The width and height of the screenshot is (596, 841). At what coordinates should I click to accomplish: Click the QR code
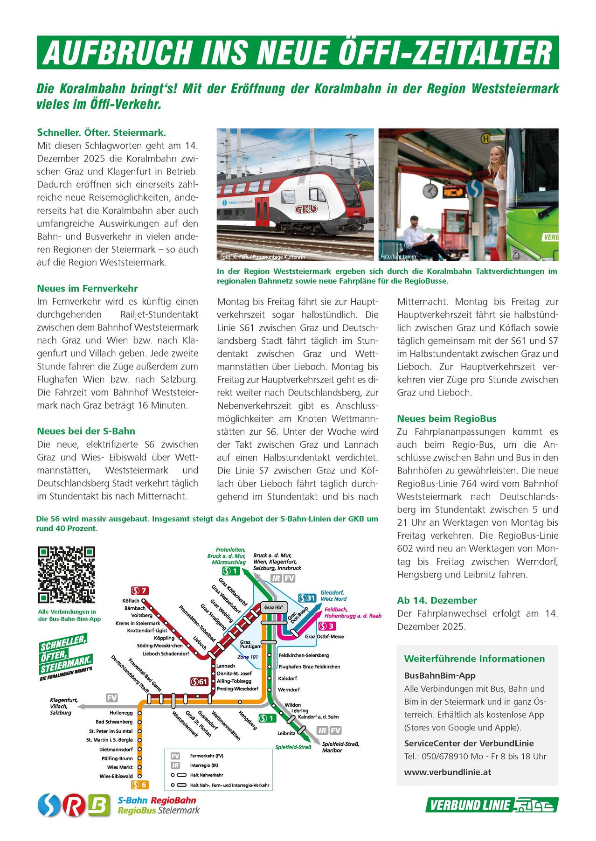pos(66,575)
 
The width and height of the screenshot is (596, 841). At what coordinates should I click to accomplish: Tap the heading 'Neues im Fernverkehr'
pos(87,288)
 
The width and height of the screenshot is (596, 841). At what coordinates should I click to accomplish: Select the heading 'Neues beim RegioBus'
pos(446,418)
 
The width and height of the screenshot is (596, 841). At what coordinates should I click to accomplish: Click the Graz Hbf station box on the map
pos(273,607)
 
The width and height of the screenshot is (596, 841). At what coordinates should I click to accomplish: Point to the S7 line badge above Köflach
pos(139,591)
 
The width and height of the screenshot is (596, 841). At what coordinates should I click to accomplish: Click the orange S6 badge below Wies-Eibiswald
pos(140,785)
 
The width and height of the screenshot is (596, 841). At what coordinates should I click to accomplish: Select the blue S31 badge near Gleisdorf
pos(307,598)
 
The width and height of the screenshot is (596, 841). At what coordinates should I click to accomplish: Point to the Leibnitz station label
pos(286,733)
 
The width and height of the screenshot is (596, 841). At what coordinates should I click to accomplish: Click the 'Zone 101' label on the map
pos(248,657)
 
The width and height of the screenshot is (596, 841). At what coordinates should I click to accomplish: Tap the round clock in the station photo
pos(430,190)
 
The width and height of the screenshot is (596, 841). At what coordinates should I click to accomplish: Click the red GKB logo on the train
pos(305,209)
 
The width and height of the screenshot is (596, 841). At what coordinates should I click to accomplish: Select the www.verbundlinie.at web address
pos(447,772)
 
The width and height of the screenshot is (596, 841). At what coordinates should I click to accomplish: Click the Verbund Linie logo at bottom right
pos(492,805)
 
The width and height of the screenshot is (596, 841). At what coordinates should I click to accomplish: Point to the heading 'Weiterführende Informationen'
pos(474,659)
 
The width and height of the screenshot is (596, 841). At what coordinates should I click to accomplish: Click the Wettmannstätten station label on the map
pos(226,725)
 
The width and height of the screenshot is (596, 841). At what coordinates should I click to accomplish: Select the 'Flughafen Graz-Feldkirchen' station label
pos(309,667)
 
